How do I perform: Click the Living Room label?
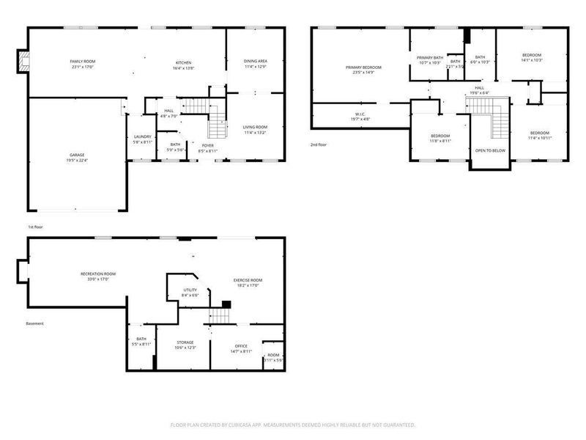255,130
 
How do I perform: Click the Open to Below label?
489,150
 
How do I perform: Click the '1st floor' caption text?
35,227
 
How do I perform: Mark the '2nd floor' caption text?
319,144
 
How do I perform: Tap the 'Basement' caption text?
34,323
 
